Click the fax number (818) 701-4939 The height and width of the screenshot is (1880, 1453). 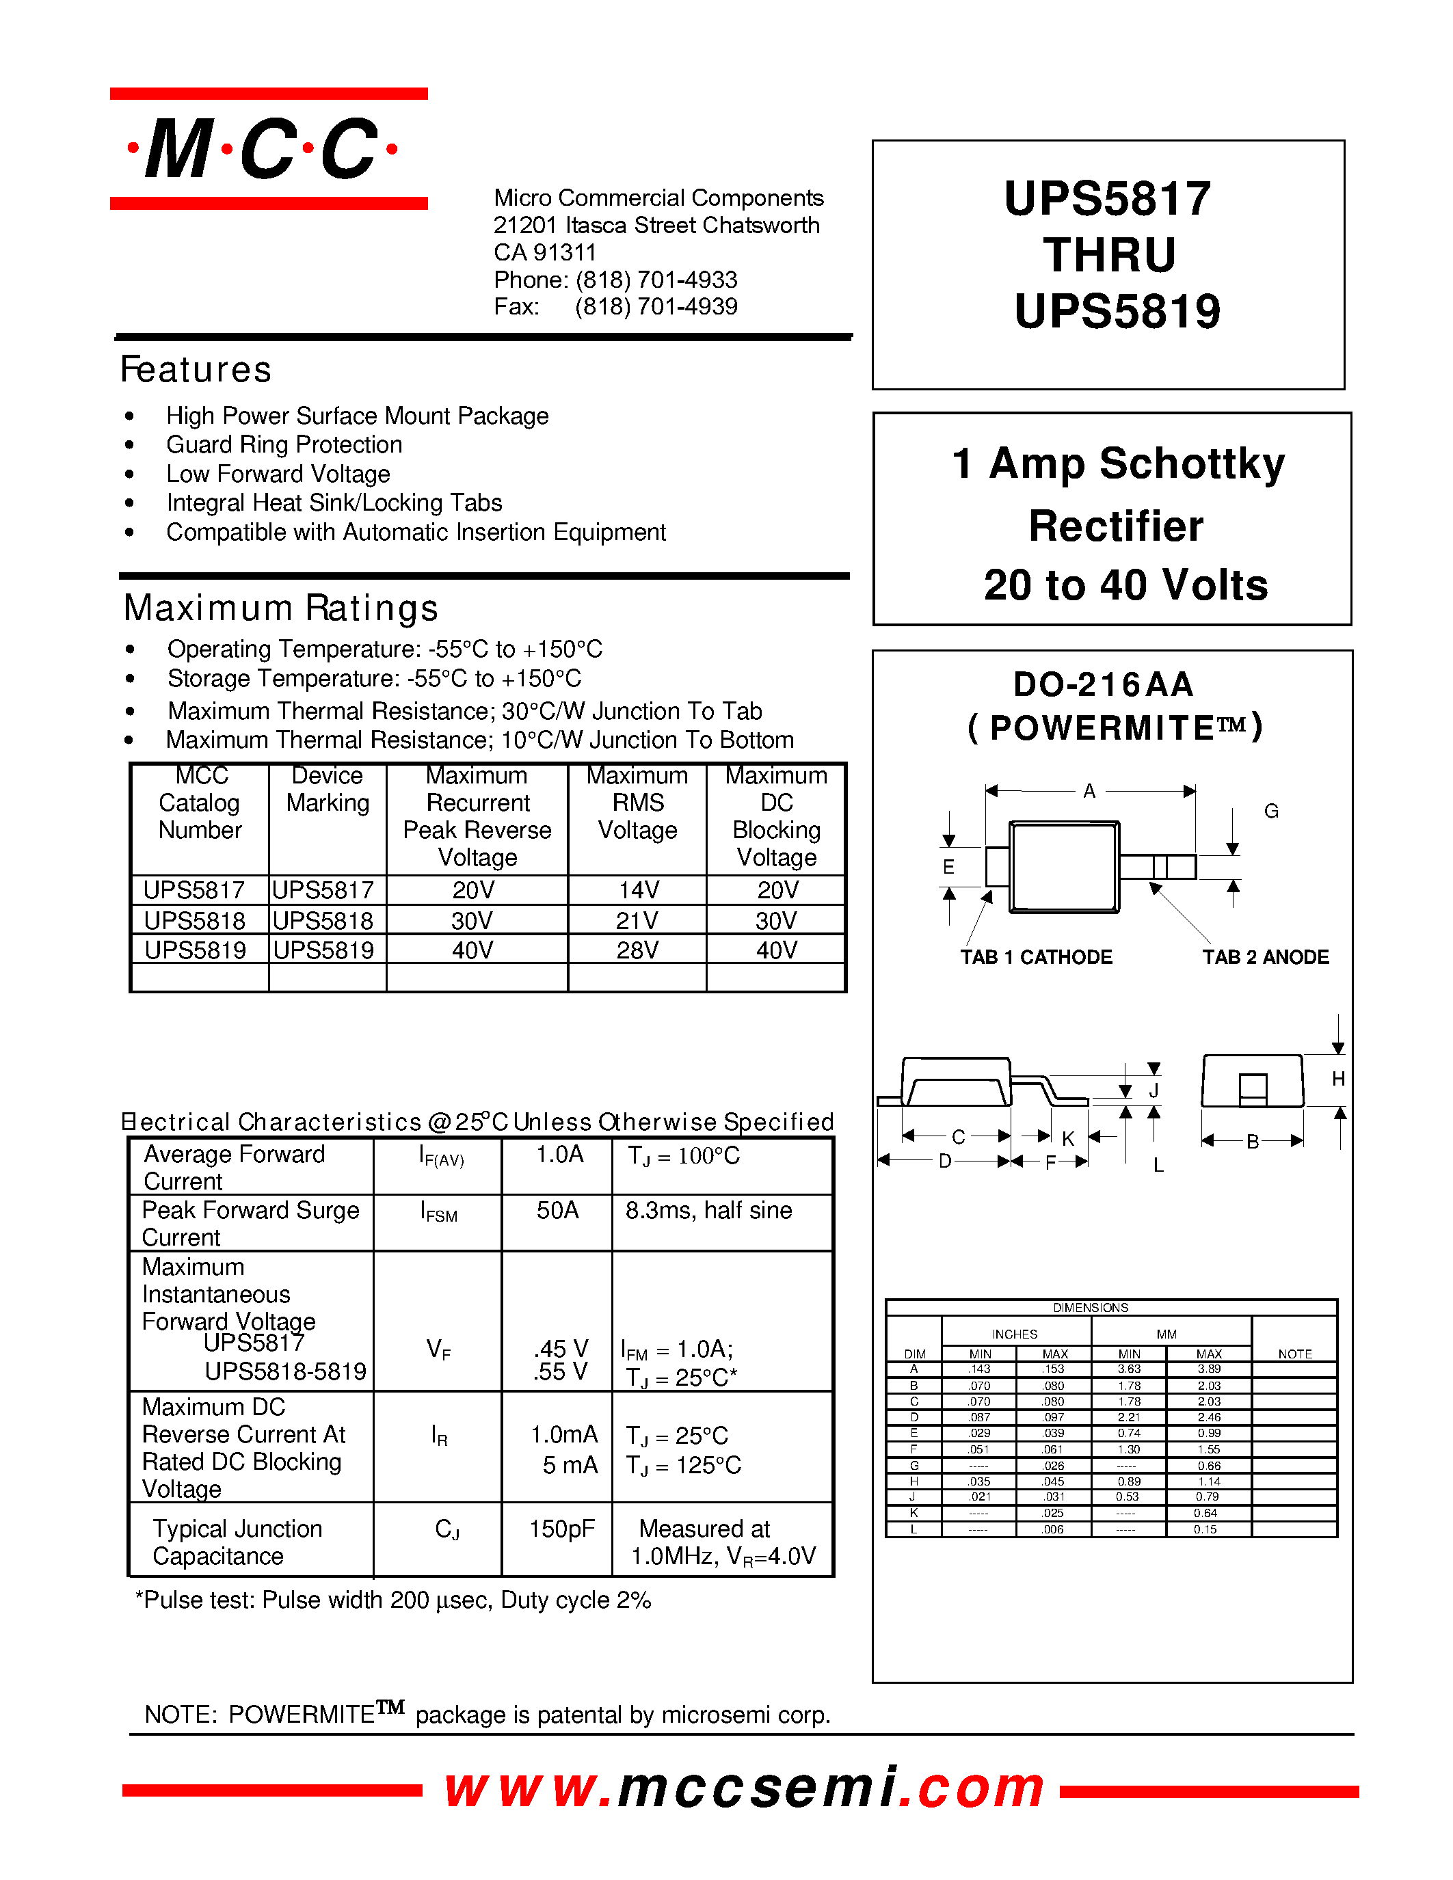[x=656, y=306]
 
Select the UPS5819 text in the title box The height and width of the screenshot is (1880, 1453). [x=1117, y=312]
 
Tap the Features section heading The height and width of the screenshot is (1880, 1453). [x=196, y=369]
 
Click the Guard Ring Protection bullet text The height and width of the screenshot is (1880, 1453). [x=284, y=445]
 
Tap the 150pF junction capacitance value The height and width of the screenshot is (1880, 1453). [x=561, y=1529]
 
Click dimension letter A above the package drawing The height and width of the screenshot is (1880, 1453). [x=1089, y=791]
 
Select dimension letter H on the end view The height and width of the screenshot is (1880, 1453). [x=1337, y=1079]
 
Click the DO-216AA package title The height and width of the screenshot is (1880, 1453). [x=1103, y=684]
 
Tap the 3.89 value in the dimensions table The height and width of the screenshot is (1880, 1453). [x=1208, y=1369]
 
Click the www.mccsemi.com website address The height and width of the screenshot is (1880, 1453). [x=745, y=1788]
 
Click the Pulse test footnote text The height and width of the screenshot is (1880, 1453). [x=392, y=1600]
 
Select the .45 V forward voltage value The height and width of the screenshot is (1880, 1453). [x=561, y=1349]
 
